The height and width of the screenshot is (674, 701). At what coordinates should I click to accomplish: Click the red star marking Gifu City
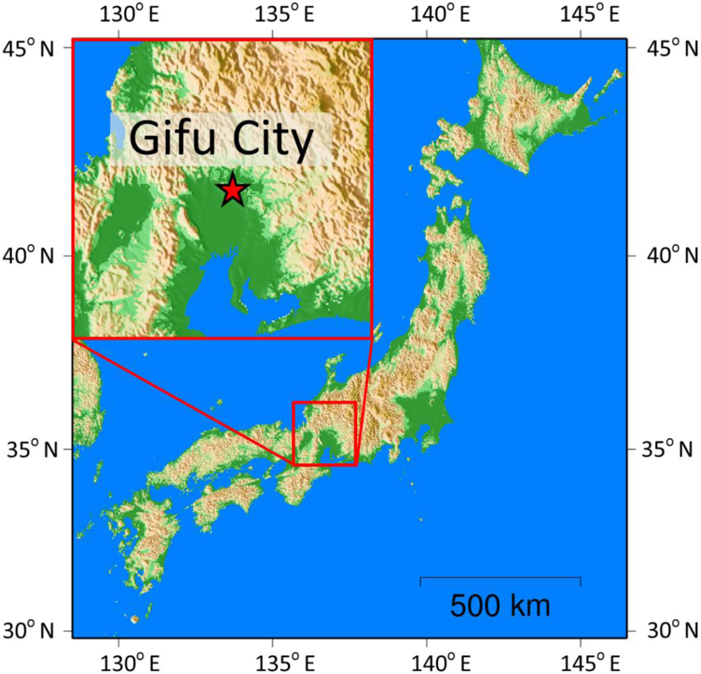point(232,190)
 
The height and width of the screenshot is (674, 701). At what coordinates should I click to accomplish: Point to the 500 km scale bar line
point(500,578)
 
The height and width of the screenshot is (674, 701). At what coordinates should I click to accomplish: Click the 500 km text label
point(500,605)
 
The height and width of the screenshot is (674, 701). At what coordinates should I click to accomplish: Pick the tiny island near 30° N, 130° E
point(134,619)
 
